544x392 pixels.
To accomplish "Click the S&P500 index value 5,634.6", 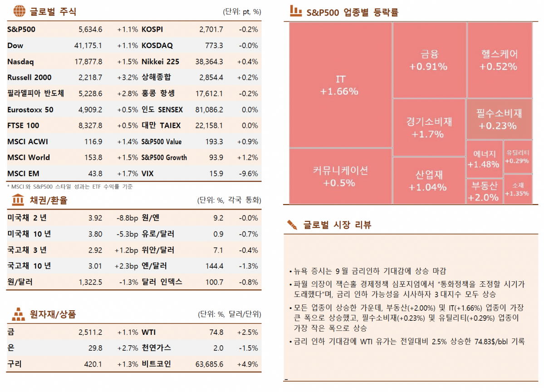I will (x=90, y=29).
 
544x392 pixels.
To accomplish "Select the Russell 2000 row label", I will (x=29, y=78).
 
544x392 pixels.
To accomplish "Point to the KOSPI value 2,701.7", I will (x=211, y=29).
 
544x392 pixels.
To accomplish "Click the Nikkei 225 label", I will (x=160, y=62).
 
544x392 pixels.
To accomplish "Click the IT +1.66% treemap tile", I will (x=340, y=85).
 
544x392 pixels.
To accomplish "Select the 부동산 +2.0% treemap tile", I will (x=484, y=191).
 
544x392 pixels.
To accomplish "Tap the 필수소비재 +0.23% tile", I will (x=499, y=119).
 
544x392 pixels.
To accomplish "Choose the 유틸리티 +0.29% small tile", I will (x=517, y=157).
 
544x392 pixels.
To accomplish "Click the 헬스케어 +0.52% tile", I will (x=499, y=60).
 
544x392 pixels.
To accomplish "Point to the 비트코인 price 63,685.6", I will (x=207, y=364).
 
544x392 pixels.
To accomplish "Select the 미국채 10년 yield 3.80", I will (x=95, y=234).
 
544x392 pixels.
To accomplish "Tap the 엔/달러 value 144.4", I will (x=215, y=266).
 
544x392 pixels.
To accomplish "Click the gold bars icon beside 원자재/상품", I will (x=18, y=314).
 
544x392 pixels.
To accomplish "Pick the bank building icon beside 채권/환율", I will (x=18, y=200).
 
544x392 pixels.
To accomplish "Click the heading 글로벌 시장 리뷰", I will (x=337, y=225).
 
